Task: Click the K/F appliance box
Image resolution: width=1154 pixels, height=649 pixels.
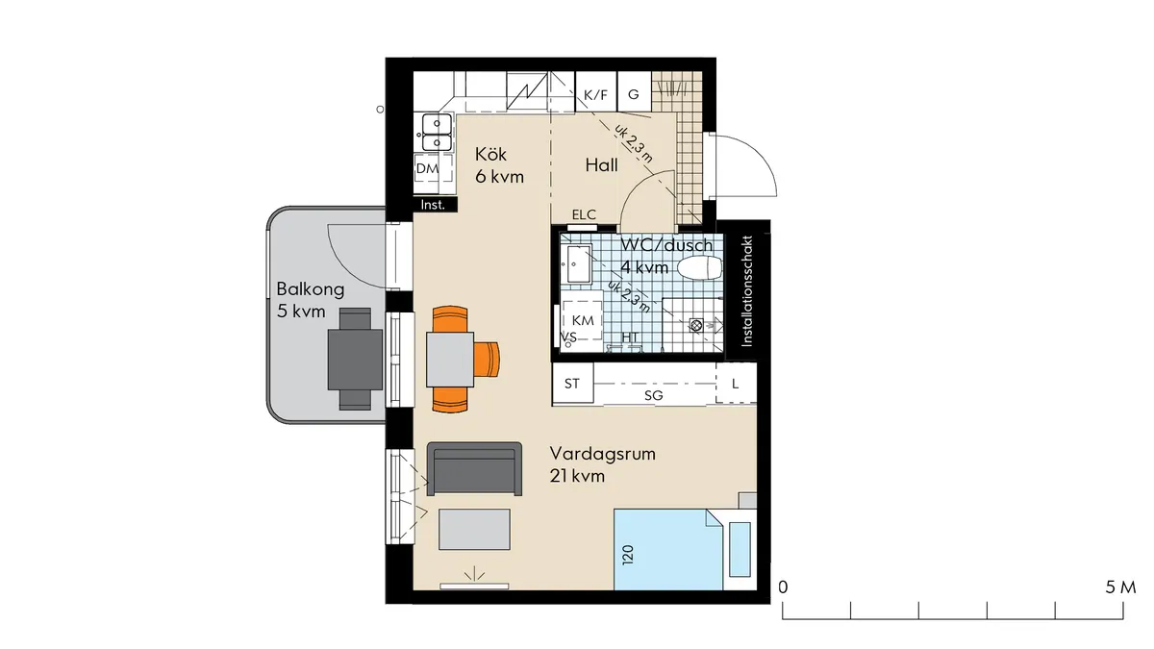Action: (596, 94)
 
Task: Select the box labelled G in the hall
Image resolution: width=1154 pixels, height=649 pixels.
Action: (634, 94)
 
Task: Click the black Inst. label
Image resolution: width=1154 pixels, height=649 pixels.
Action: (432, 204)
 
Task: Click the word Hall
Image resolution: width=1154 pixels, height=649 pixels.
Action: (601, 165)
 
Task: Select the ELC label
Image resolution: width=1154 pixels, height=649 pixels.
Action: (584, 214)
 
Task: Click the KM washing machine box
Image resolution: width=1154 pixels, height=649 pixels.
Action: (583, 319)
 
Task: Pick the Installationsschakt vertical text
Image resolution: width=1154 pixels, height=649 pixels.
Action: (749, 288)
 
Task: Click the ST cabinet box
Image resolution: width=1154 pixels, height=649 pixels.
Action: (572, 384)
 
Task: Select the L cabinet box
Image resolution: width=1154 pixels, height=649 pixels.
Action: (736, 384)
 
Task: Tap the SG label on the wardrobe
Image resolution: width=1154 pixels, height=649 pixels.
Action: (653, 395)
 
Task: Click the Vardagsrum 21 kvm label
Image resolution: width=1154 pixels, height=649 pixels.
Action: (602, 463)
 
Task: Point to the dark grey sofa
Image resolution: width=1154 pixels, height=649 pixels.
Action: (474, 468)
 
